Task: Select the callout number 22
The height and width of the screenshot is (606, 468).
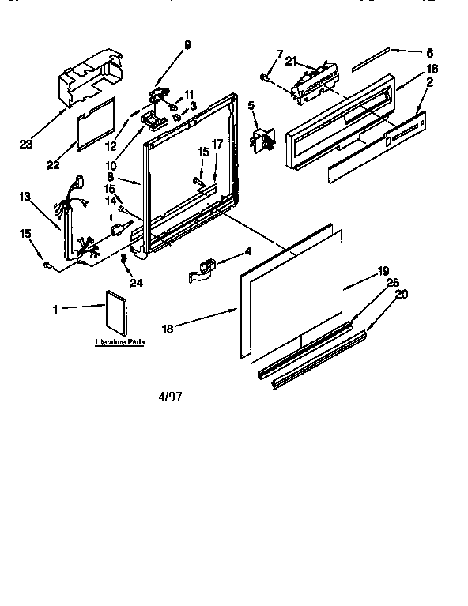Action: point(54,164)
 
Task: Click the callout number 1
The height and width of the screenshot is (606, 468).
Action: point(55,310)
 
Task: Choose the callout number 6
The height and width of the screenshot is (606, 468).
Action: point(429,53)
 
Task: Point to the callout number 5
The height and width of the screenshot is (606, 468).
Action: point(251,105)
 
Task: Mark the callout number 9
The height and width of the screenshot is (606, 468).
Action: point(187,45)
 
